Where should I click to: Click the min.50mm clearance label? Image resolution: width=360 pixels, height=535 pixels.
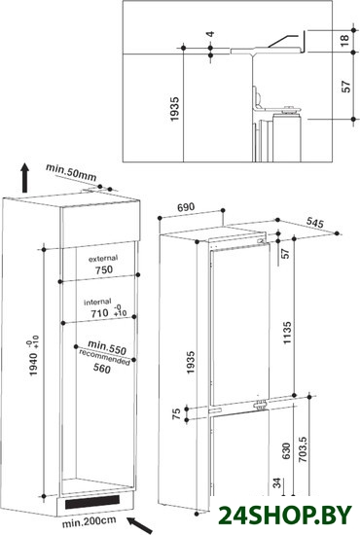coord(71,172)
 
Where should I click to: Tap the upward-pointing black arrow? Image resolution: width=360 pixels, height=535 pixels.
coord(24,178)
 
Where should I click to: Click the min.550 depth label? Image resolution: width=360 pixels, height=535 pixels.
coord(107,347)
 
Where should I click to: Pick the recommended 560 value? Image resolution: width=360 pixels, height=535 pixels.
coord(102,368)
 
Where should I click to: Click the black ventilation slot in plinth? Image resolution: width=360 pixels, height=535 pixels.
coord(92,502)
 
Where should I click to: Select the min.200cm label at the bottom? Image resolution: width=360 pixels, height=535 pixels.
coord(89,521)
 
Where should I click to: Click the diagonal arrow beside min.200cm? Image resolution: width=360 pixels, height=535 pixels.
coord(139,524)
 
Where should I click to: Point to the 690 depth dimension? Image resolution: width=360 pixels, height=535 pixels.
coord(186,207)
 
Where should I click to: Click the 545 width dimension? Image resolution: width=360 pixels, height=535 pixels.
coord(314,223)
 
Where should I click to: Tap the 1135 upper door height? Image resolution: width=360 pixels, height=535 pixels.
coord(287,333)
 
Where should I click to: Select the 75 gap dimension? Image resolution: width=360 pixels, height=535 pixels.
coord(176,413)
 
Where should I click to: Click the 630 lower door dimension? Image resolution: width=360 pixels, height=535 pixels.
coord(286,450)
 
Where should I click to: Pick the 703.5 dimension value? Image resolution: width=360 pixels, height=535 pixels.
coord(303,449)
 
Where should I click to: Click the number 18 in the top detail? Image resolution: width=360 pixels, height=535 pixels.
coord(344,40)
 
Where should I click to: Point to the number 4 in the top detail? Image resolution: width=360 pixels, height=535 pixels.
coord(210,34)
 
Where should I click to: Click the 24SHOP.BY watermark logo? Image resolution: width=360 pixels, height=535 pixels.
coord(285,515)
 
